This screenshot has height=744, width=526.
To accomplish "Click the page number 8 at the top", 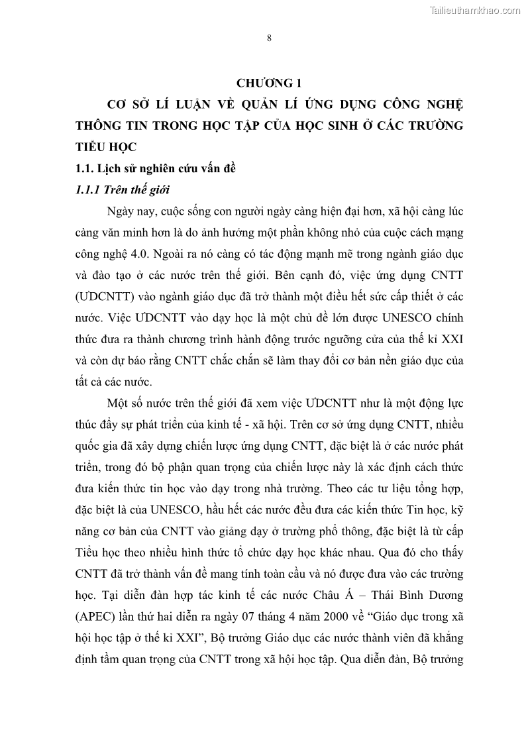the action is (269, 38).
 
